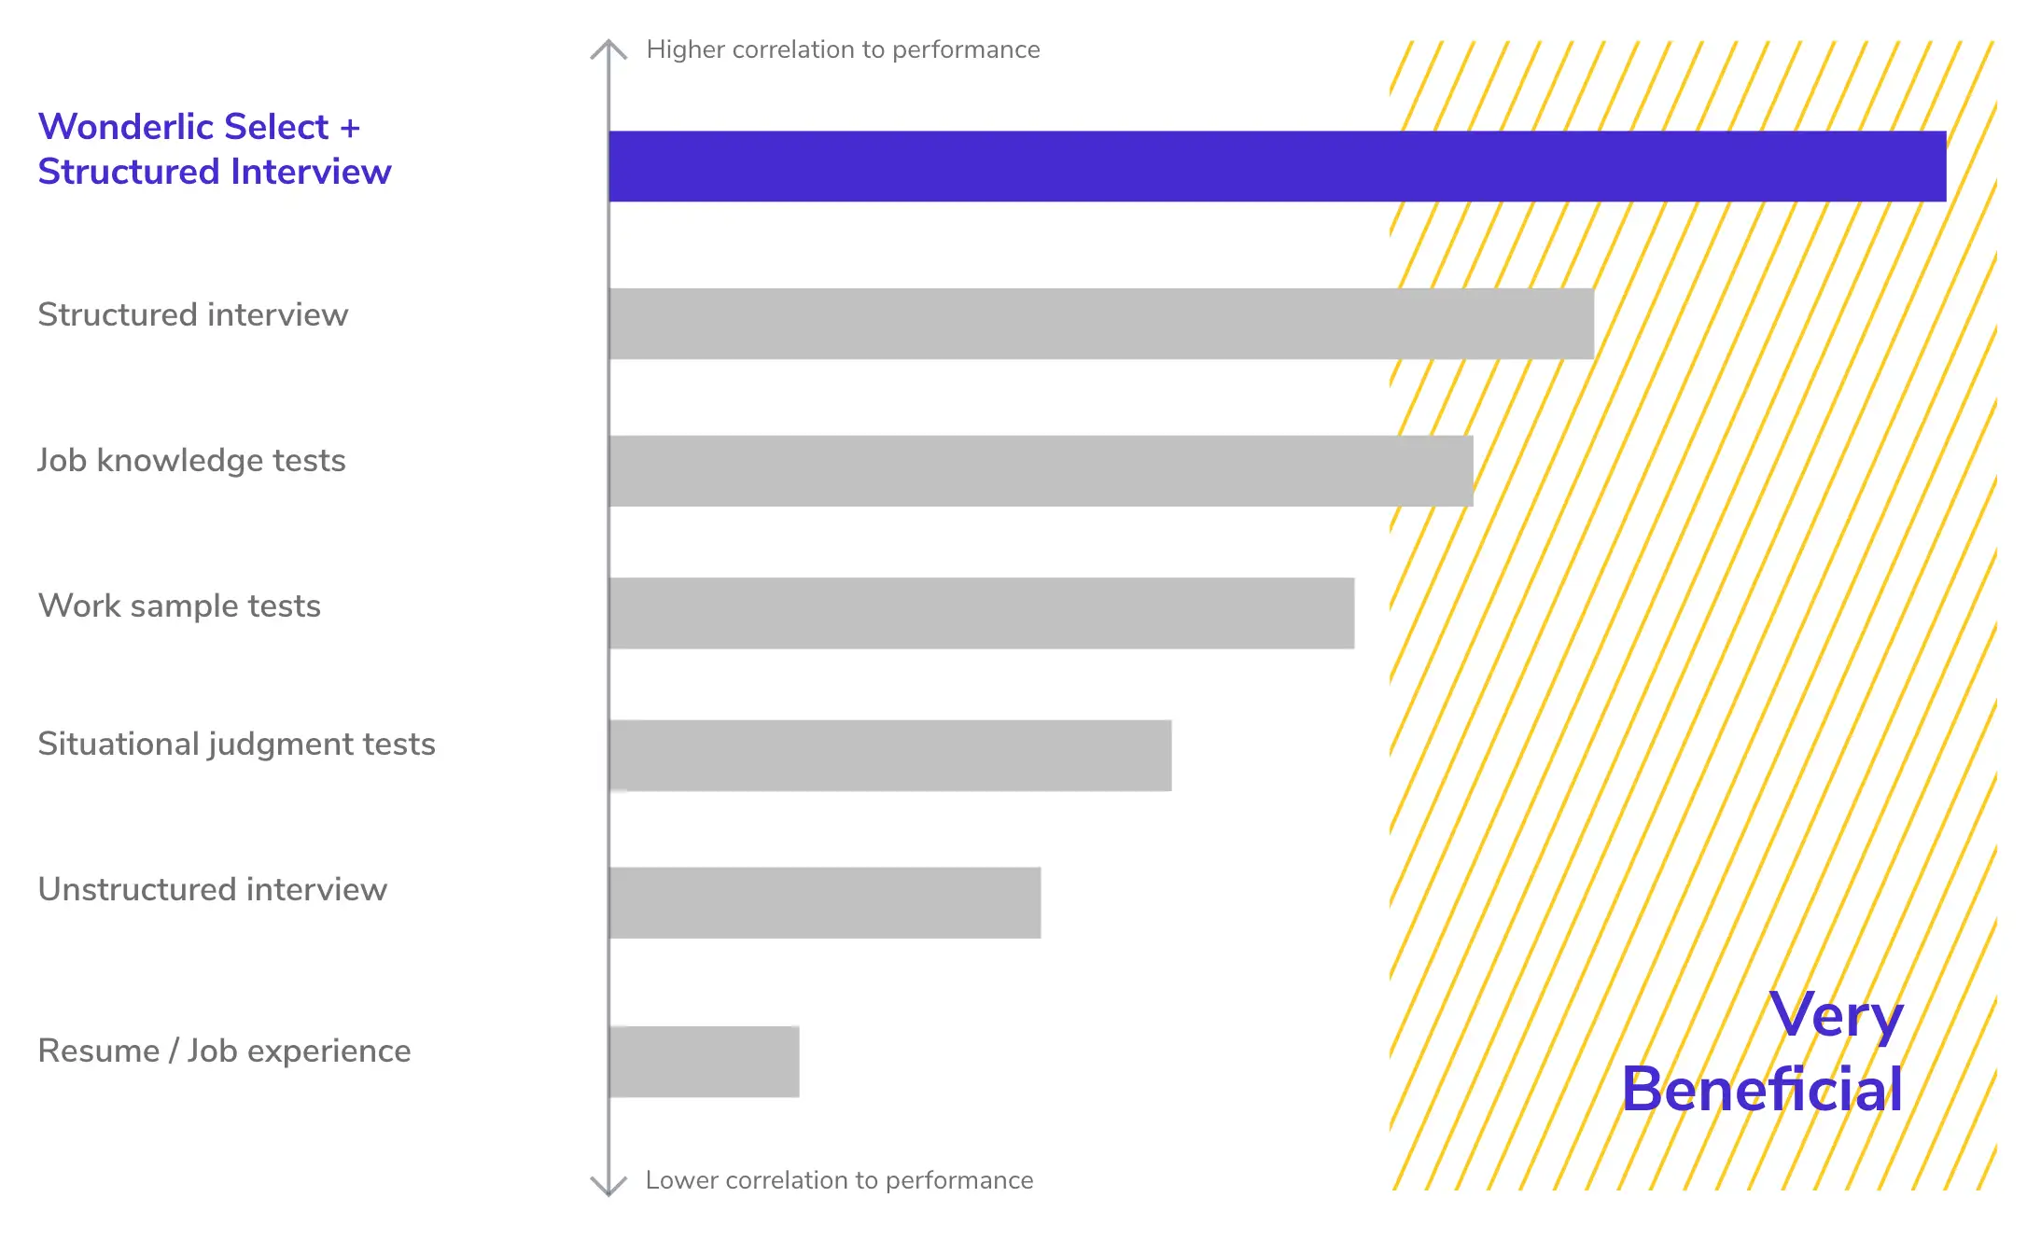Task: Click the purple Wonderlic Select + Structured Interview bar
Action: [x=1277, y=166]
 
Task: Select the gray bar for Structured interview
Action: [x=1101, y=324]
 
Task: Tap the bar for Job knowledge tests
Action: [x=1041, y=471]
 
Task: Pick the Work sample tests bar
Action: [x=981, y=613]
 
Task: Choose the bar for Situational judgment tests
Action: [x=890, y=756]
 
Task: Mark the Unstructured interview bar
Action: [x=825, y=902]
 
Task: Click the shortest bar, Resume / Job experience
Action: [x=705, y=1062]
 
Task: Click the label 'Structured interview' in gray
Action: [x=193, y=315]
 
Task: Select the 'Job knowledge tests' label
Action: [x=191, y=461]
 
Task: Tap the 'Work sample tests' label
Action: [x=179, y=606]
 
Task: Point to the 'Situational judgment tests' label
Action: [x=236, y=745]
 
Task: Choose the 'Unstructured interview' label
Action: [x=212, y=890]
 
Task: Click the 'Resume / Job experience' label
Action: [x=224, y=1051]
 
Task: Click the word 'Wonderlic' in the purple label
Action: [x=125, y=127]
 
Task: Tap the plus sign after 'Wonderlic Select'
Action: [x=350, y=129]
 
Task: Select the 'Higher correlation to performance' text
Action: [x=843, y=49]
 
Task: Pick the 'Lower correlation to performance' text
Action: [x=839, y=1180]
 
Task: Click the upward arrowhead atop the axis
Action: [x=608, y=48]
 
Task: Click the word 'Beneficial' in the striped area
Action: [x=1761, y=1089]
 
